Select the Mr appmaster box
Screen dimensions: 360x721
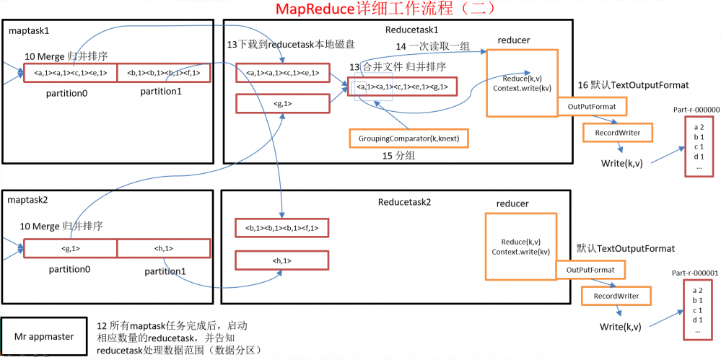point(43,337)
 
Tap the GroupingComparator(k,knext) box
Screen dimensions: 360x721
point(408,137)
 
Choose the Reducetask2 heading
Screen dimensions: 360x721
point(404,202)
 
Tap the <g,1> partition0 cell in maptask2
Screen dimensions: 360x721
point(71,249)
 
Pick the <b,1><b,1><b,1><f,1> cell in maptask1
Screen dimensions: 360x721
point(164,73)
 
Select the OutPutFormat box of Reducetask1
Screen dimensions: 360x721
point(590,107)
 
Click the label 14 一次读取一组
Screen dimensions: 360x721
point(432,46)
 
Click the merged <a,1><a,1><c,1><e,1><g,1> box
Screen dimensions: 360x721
point(401,87)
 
